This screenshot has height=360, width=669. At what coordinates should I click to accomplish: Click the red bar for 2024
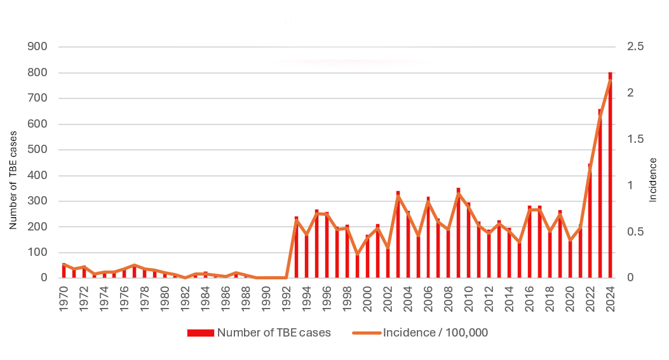611,178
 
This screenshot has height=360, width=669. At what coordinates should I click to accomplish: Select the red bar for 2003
398,235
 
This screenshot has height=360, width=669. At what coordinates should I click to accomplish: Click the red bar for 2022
590,222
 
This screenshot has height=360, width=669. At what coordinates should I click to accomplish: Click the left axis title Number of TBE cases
13,184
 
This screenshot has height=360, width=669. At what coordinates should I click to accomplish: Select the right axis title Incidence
652,180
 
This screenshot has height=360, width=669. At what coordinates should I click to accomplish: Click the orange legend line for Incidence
366,333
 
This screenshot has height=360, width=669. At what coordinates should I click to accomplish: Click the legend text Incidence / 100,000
435,333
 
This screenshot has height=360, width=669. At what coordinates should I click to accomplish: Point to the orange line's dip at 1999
357,254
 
